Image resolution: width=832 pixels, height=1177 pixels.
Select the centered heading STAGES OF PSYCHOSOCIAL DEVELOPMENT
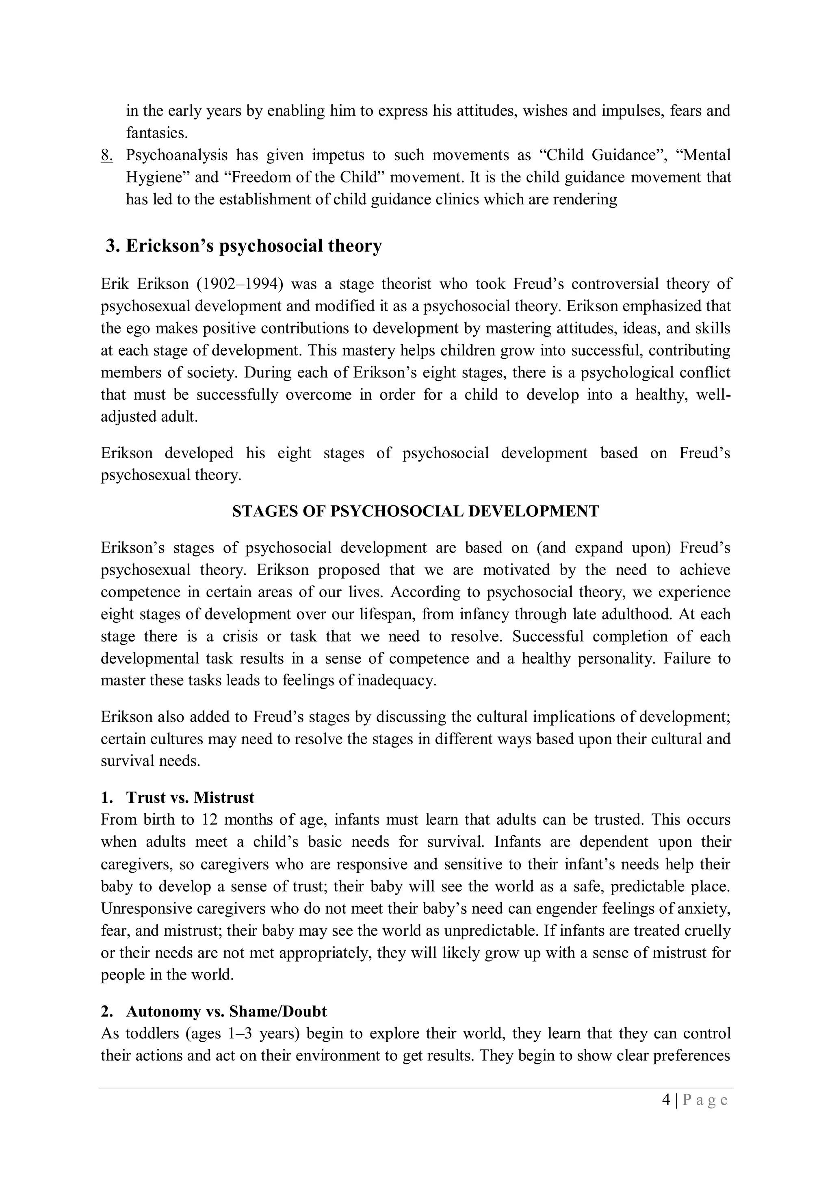(x=415, y=511)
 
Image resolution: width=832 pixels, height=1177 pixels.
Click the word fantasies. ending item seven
(x=157, y=133)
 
